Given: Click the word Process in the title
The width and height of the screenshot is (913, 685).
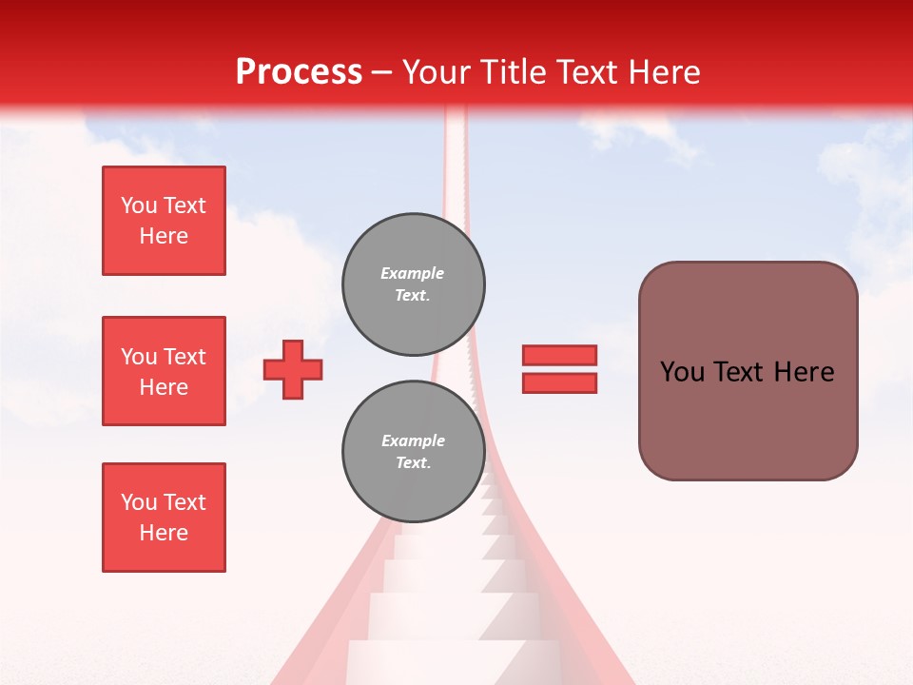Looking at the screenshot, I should (299, 72).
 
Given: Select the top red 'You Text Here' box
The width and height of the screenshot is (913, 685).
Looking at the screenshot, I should (164, 221).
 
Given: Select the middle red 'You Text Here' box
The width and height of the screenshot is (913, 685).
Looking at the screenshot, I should (164, 371).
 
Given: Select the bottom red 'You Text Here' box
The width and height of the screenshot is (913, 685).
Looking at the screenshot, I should (164, 518).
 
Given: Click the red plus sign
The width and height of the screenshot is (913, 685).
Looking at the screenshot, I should (293, 369).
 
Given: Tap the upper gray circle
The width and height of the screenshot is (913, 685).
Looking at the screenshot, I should (414, 284).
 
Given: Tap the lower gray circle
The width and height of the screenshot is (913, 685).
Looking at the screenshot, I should (414, 451).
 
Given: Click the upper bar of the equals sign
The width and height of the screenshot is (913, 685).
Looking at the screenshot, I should (559, 355).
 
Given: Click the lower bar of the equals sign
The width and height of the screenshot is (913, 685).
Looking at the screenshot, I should (559, 382).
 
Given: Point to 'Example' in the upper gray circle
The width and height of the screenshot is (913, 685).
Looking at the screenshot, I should (412, 273).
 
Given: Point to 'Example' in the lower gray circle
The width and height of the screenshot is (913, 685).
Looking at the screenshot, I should (413, 440).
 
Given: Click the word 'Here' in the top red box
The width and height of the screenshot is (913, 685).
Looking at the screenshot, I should (164, 236).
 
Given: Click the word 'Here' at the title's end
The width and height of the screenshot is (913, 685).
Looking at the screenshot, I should (662, 72).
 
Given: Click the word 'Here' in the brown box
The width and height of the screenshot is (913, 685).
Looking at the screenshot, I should (804, 372).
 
